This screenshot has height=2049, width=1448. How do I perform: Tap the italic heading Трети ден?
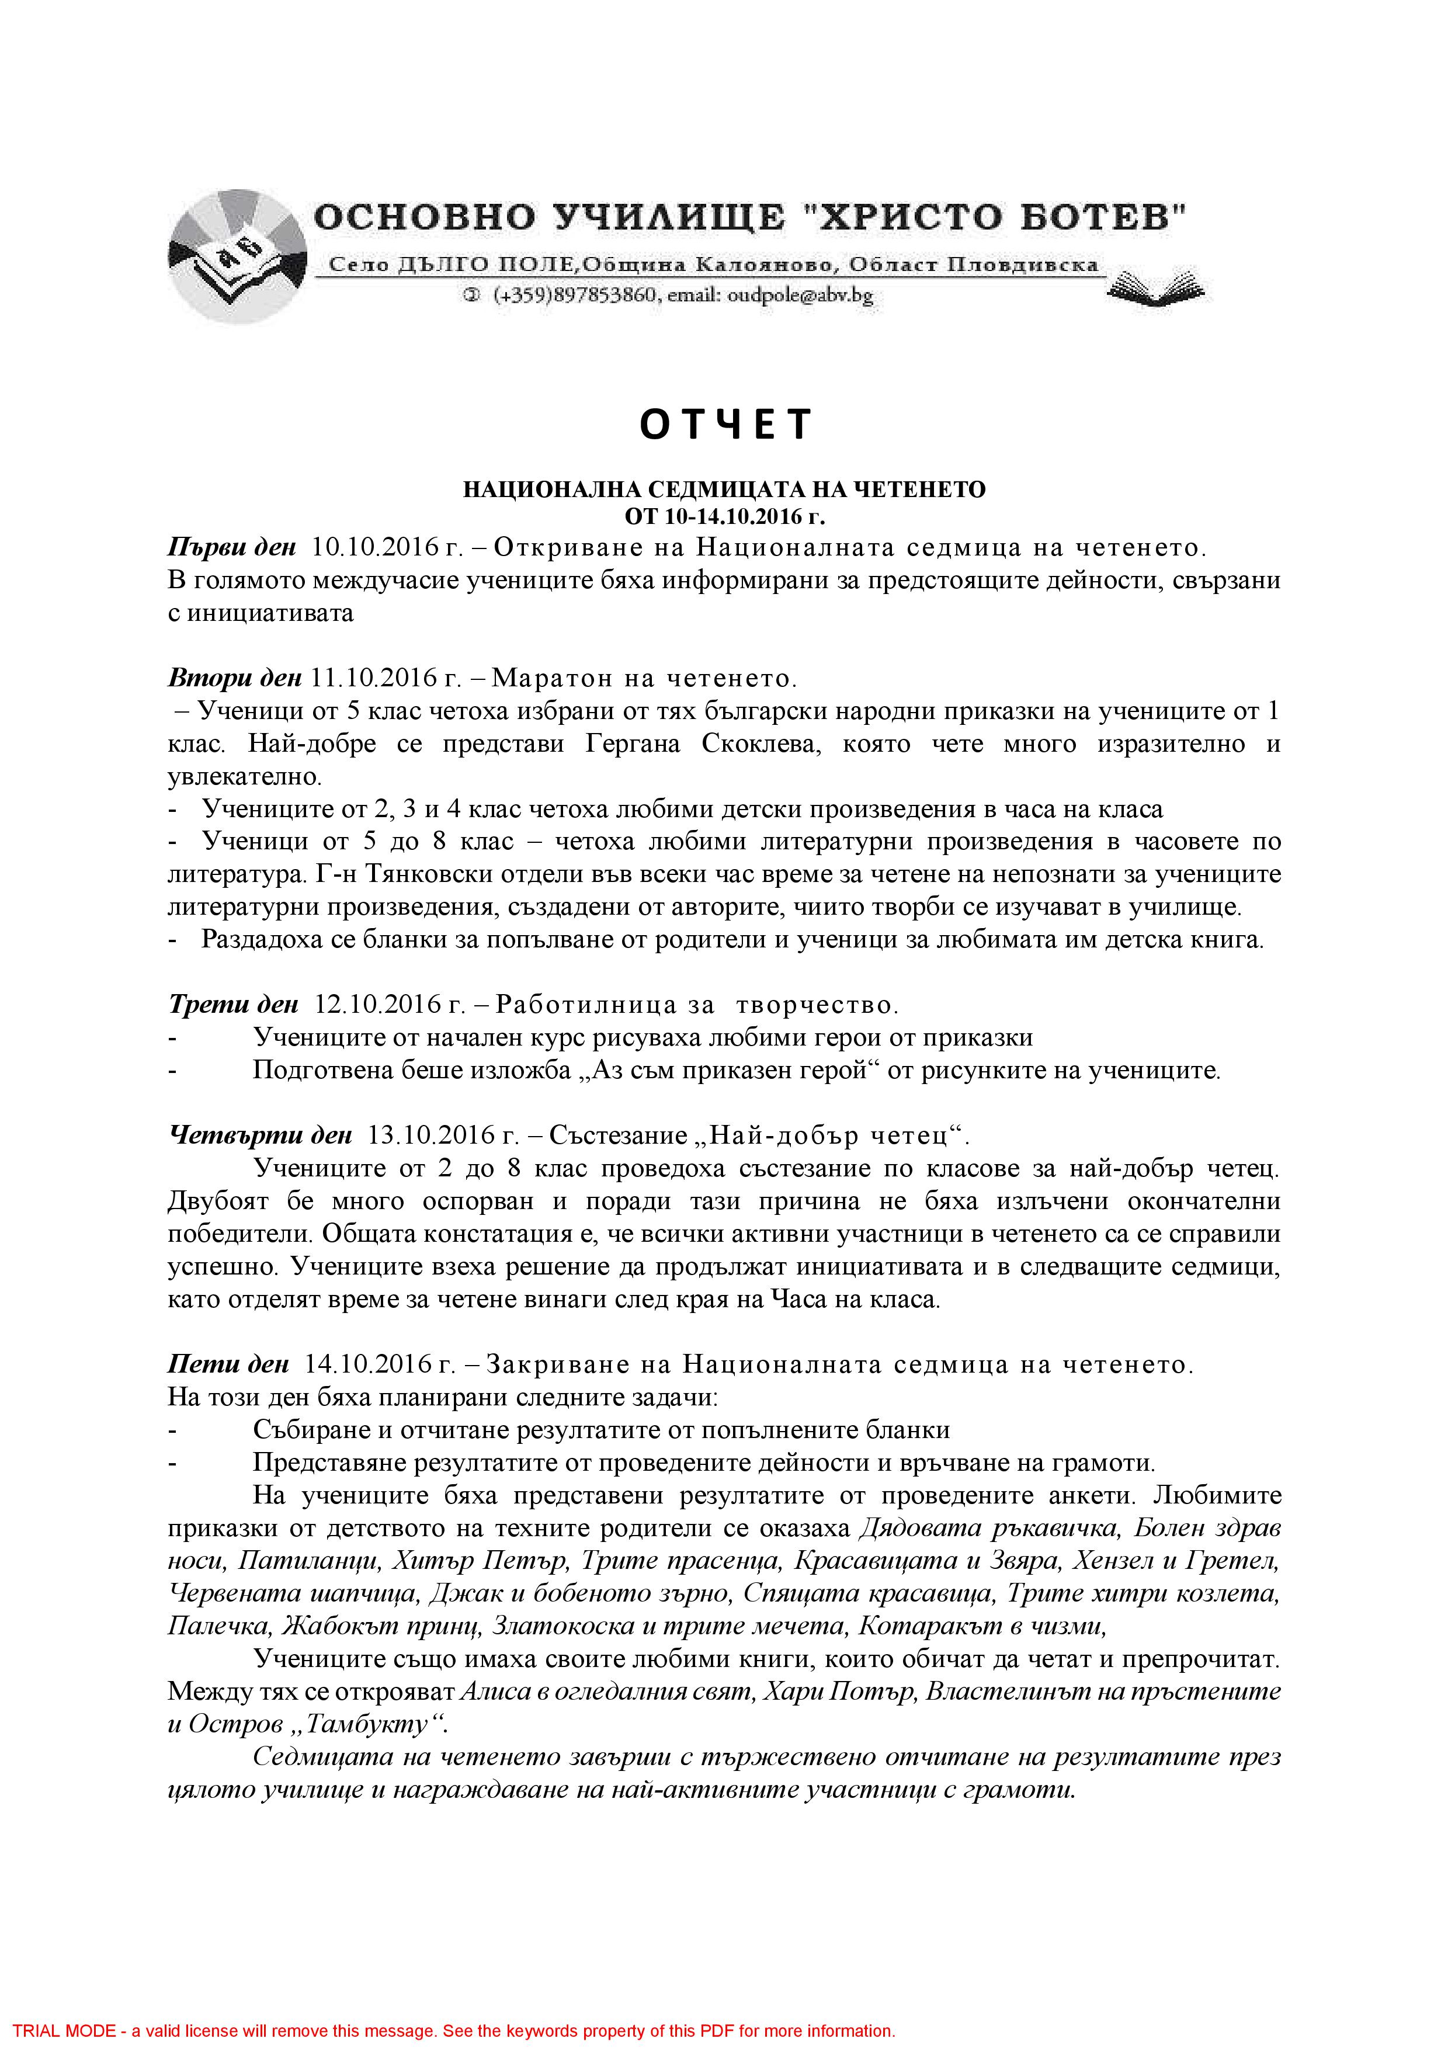coord(233,1005)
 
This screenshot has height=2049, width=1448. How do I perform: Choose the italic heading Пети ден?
coord(228,1364)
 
